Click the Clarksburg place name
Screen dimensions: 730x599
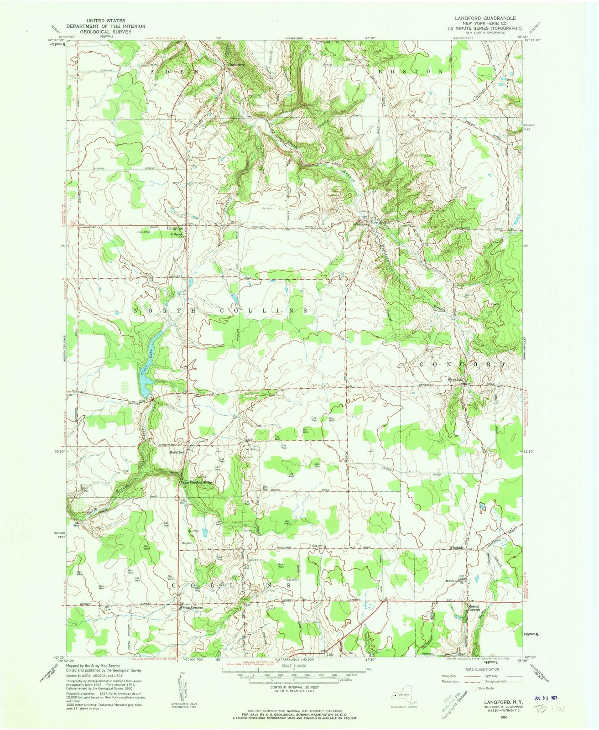click(x=237, y=65)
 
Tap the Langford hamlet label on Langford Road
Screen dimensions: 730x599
click(x=175, y=228)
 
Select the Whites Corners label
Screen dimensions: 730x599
click(x=190, y=608)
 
